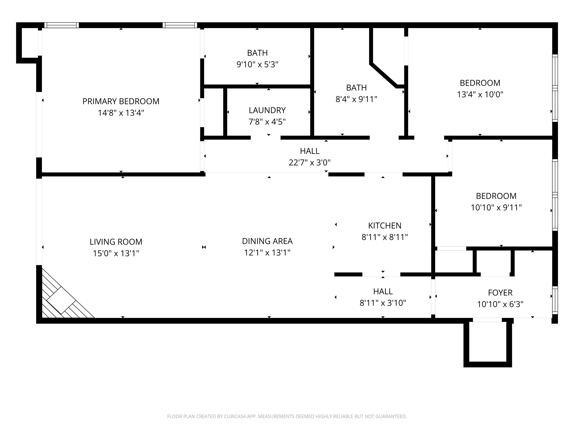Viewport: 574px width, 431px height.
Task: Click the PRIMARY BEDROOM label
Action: (x=121, y=101)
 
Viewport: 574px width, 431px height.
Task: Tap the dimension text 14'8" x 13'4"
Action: (x=121, y=113)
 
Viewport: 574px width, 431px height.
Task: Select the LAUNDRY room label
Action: (x=267, y=110)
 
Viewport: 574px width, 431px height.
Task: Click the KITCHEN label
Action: (x=385, y=225)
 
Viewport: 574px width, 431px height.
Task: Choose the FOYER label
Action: (x=500, y=293)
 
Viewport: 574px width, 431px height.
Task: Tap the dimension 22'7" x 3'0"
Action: (x=310, y=163)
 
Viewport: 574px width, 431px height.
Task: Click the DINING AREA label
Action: (x=267, y=241)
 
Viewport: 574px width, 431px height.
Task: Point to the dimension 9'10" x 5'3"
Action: (x=257, y=64)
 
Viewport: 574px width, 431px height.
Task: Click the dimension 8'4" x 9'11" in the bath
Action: (x=356, y=99)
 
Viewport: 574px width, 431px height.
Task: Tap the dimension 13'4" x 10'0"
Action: (x=480, y=94)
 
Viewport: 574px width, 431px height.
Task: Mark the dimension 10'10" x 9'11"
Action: (x=496, y=208)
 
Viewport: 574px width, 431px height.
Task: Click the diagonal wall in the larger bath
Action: (x=383, y=75)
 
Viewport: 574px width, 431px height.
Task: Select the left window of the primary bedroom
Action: (x=61, y=25)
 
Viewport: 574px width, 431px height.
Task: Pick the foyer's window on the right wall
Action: (x=555, y=300)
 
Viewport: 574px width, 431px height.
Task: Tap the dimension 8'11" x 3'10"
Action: (x=383, y=303)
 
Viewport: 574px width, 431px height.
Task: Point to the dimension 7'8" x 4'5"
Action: (x=267, y=122)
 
